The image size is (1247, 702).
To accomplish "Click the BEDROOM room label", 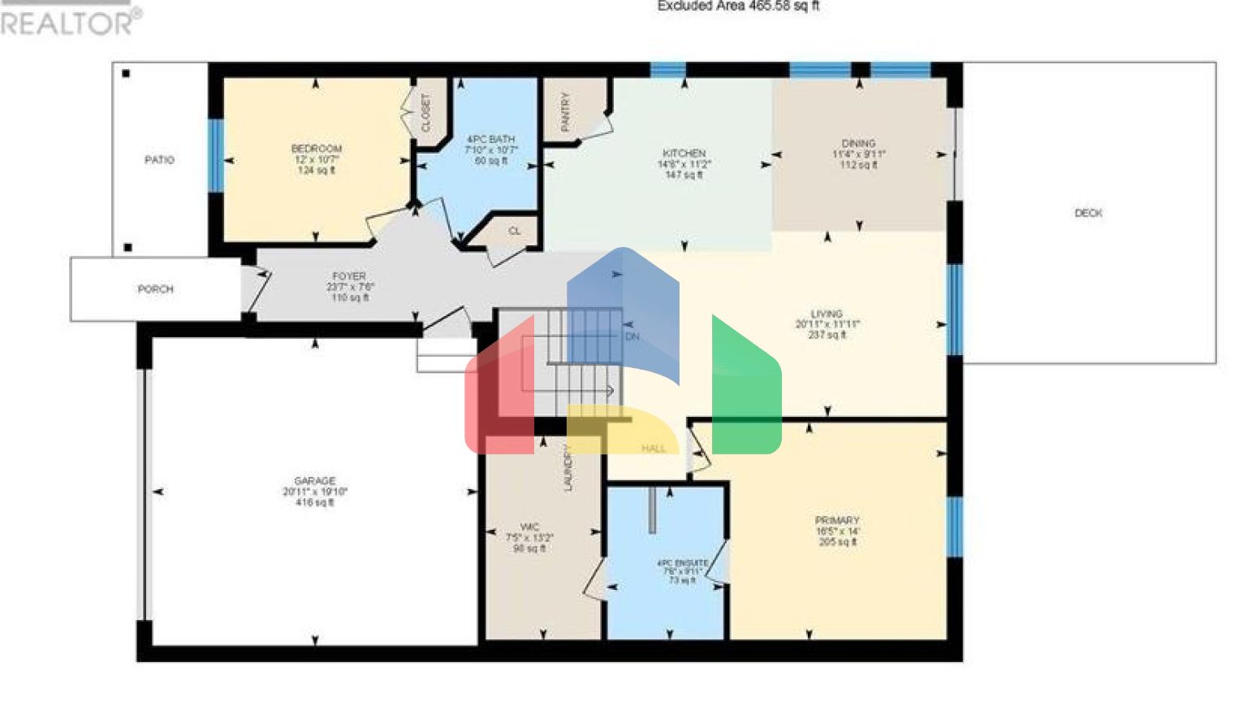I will tap(316, 149).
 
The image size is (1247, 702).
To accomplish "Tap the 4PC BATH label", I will tap(490, 140).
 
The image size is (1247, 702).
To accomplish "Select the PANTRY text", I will tap(565, 111).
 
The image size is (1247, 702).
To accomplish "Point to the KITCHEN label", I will tap(684, 154).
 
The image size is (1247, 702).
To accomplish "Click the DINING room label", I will tap(858, 143).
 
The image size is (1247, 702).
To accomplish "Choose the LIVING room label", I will tap(826, 314).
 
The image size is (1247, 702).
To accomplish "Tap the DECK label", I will tap(1088, 213).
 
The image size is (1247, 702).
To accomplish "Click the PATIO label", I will tap(159, 160).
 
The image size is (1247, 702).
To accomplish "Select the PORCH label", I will tap(155, 289).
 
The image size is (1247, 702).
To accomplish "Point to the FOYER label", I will tap(349, 276).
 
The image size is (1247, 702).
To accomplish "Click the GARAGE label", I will tap(314, 481).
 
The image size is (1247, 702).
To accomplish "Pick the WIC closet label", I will tap(529, 526).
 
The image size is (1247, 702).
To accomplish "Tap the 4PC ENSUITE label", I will tap(682, 563).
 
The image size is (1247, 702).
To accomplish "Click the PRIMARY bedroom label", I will tap(837, 521).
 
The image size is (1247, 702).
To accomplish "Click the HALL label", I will tap(654, 448).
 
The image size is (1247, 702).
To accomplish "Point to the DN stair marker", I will tap(632, 336).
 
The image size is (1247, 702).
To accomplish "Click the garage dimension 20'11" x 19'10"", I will tap(314, 492).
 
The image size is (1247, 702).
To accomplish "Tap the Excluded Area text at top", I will tap(737, 6).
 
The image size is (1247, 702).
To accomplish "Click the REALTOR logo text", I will tap(69, 22).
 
